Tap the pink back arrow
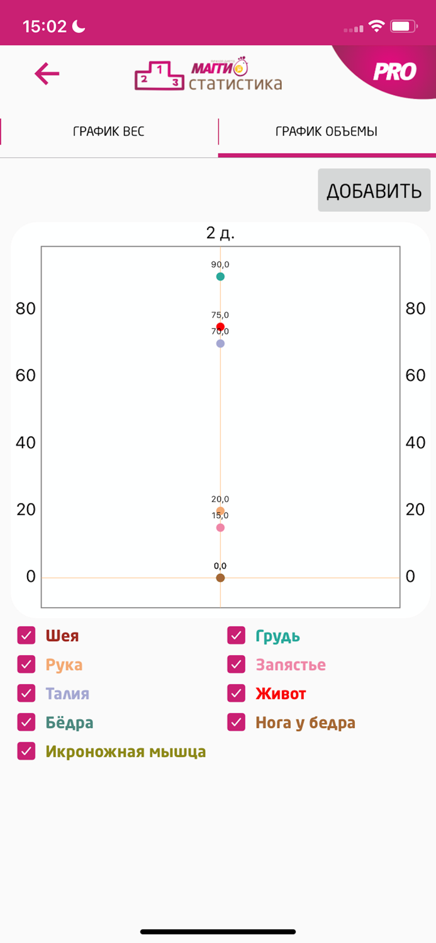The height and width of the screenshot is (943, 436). point(47,74)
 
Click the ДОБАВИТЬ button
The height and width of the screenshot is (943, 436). point(374,190)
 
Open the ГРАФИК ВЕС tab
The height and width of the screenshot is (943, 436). point(109,131)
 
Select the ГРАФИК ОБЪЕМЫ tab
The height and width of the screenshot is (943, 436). point(327,131)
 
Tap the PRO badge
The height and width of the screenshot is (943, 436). point(394,72)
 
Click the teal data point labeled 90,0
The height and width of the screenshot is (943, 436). point(220,277)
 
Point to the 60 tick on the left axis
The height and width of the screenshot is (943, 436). point(26,375)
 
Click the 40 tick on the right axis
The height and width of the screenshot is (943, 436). point(415,443)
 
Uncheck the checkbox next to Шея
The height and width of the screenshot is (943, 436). point(26,636)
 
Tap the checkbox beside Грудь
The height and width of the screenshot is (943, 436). point(237,636)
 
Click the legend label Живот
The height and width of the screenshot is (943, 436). point(281,694)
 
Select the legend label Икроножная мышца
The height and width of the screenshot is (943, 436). point(125,752)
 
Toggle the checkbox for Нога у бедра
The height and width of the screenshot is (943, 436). point(237,722)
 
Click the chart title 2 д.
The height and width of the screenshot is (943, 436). point(220,233)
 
